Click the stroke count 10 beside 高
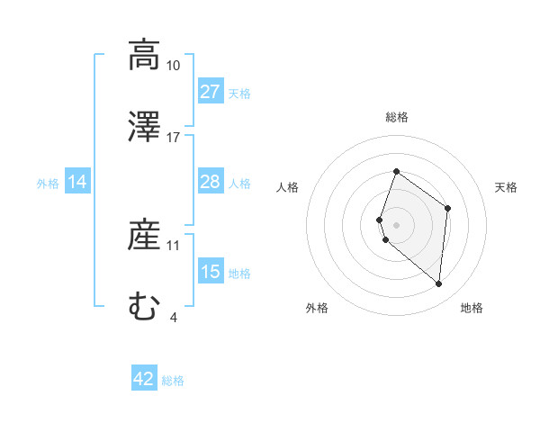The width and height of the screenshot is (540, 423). click(173, 66)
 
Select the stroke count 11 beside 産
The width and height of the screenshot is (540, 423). click(173, 245)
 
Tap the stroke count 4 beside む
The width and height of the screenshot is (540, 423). click(173, 316)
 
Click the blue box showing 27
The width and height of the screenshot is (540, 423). click(210, 92)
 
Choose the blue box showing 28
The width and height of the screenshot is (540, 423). click(210, 183)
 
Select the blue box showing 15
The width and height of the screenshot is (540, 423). click(210, 273)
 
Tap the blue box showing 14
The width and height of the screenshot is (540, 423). click(77, 183)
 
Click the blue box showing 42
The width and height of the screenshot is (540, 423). click(144, 379)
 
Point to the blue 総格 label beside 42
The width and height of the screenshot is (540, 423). click(173, 381)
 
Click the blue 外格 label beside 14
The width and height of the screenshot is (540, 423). click(48, 184)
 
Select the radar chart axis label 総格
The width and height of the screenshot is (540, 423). click(396, 117)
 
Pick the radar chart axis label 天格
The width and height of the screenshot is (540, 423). click(506, 187)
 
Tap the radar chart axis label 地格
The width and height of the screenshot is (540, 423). click(472, 308)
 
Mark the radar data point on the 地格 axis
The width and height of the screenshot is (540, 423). click(438, 283)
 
